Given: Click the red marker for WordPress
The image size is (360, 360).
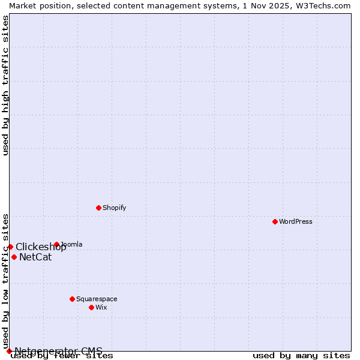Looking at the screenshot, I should pos(275,221).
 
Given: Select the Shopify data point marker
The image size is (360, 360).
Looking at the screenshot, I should pos(98,208).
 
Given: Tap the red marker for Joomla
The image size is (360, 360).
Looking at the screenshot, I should pos(56,244).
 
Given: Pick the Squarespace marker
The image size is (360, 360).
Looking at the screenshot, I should pos(72,299).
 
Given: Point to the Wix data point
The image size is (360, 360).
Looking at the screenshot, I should pos(91,307).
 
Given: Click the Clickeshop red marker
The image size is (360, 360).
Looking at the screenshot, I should pos(10,247).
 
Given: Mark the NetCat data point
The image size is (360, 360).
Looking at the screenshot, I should pos(14,257).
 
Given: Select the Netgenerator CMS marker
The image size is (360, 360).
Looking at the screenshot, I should pos(9,351).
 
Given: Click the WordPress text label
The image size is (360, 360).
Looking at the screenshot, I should pos(296,221).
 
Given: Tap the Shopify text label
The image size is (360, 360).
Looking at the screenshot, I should pos(114,208).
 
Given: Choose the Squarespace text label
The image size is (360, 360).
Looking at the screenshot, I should pos(97,299).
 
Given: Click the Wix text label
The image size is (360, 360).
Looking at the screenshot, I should pos(101,307).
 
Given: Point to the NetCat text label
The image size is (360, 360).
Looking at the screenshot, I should pos(35,257).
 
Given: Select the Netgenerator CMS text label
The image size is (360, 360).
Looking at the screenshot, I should pos(58,351).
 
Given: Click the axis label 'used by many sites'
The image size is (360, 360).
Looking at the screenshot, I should pos(301,356).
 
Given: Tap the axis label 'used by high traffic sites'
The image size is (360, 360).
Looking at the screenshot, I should pos(6,85).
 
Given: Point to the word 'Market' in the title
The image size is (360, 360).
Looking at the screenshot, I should pos(22,5).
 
